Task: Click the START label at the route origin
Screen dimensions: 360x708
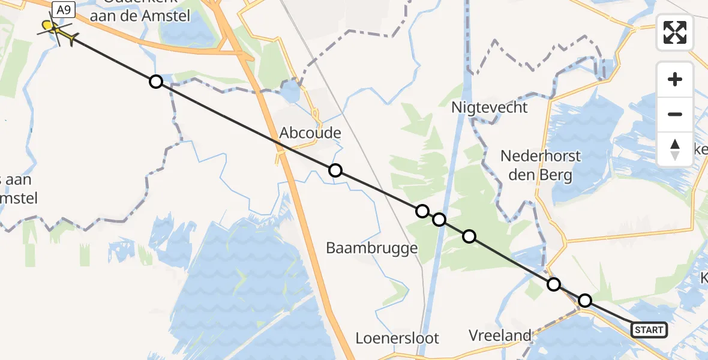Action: [649, 329]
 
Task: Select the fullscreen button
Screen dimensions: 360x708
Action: [675, 32]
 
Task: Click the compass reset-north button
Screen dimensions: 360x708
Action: [675, 149]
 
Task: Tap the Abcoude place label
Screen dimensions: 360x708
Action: [310, 133]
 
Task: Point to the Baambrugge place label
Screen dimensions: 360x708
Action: [371, 247]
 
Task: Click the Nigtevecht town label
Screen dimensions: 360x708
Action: [490, 107]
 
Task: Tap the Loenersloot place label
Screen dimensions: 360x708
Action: [398, 338]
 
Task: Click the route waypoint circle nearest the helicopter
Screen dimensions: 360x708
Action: [155, 82]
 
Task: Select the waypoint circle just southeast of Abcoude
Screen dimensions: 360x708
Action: [335, 170]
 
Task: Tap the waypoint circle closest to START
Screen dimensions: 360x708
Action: [584, 300]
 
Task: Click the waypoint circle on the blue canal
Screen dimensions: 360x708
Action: [439, 220]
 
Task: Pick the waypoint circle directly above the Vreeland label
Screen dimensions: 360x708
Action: [554, 284]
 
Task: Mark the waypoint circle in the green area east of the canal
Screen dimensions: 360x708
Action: [469, 236]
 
